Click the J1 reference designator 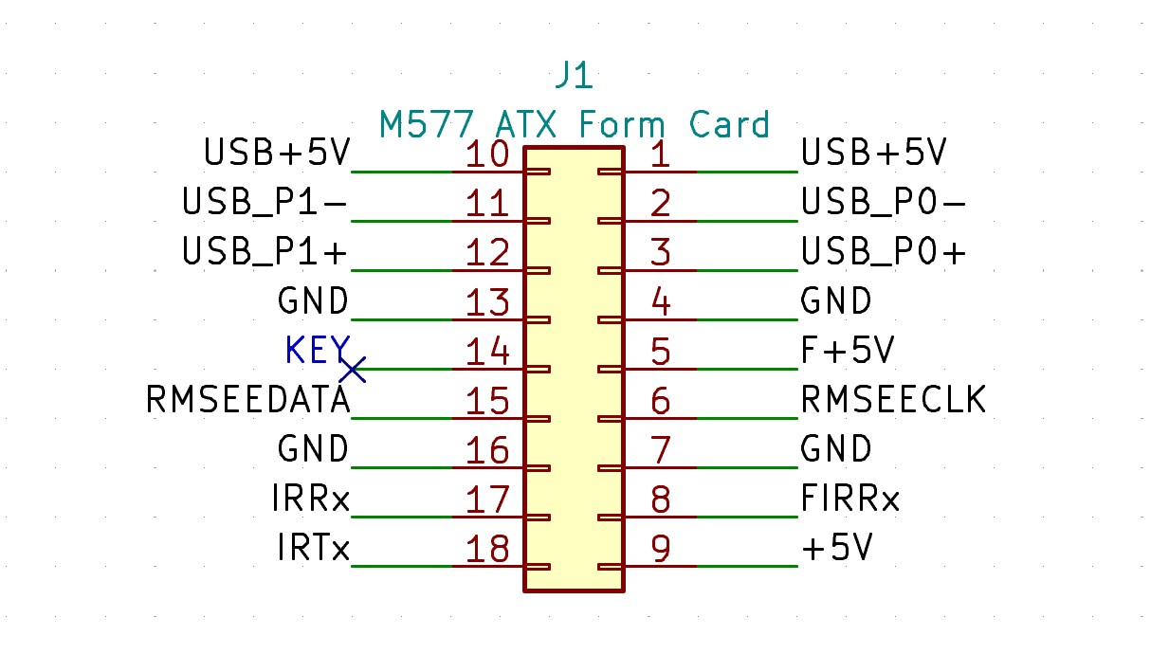(x=574, y=75)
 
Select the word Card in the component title (x=729, y=124)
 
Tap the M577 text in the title (x=427, y=124)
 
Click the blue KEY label (x=318, y=350)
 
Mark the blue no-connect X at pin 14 (x=353, y=370)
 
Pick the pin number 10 (x=487, y=154)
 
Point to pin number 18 (x=487, y=549)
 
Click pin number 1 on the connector (x=660, y=154)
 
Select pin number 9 (x=660, y=549)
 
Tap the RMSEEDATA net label (x=247, y=399)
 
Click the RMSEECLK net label (x=893, y=399)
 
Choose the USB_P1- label (x=265, y=202)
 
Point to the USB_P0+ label (x=884, y=251)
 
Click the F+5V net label (x=848, y=350)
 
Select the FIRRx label (x=850, y=498)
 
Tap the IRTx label (x=313, y=548)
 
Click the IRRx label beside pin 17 (x=311, y=498)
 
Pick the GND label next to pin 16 (x=313, y=448)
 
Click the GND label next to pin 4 (x=836, y=300)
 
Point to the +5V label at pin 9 (x=837, y=548)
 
